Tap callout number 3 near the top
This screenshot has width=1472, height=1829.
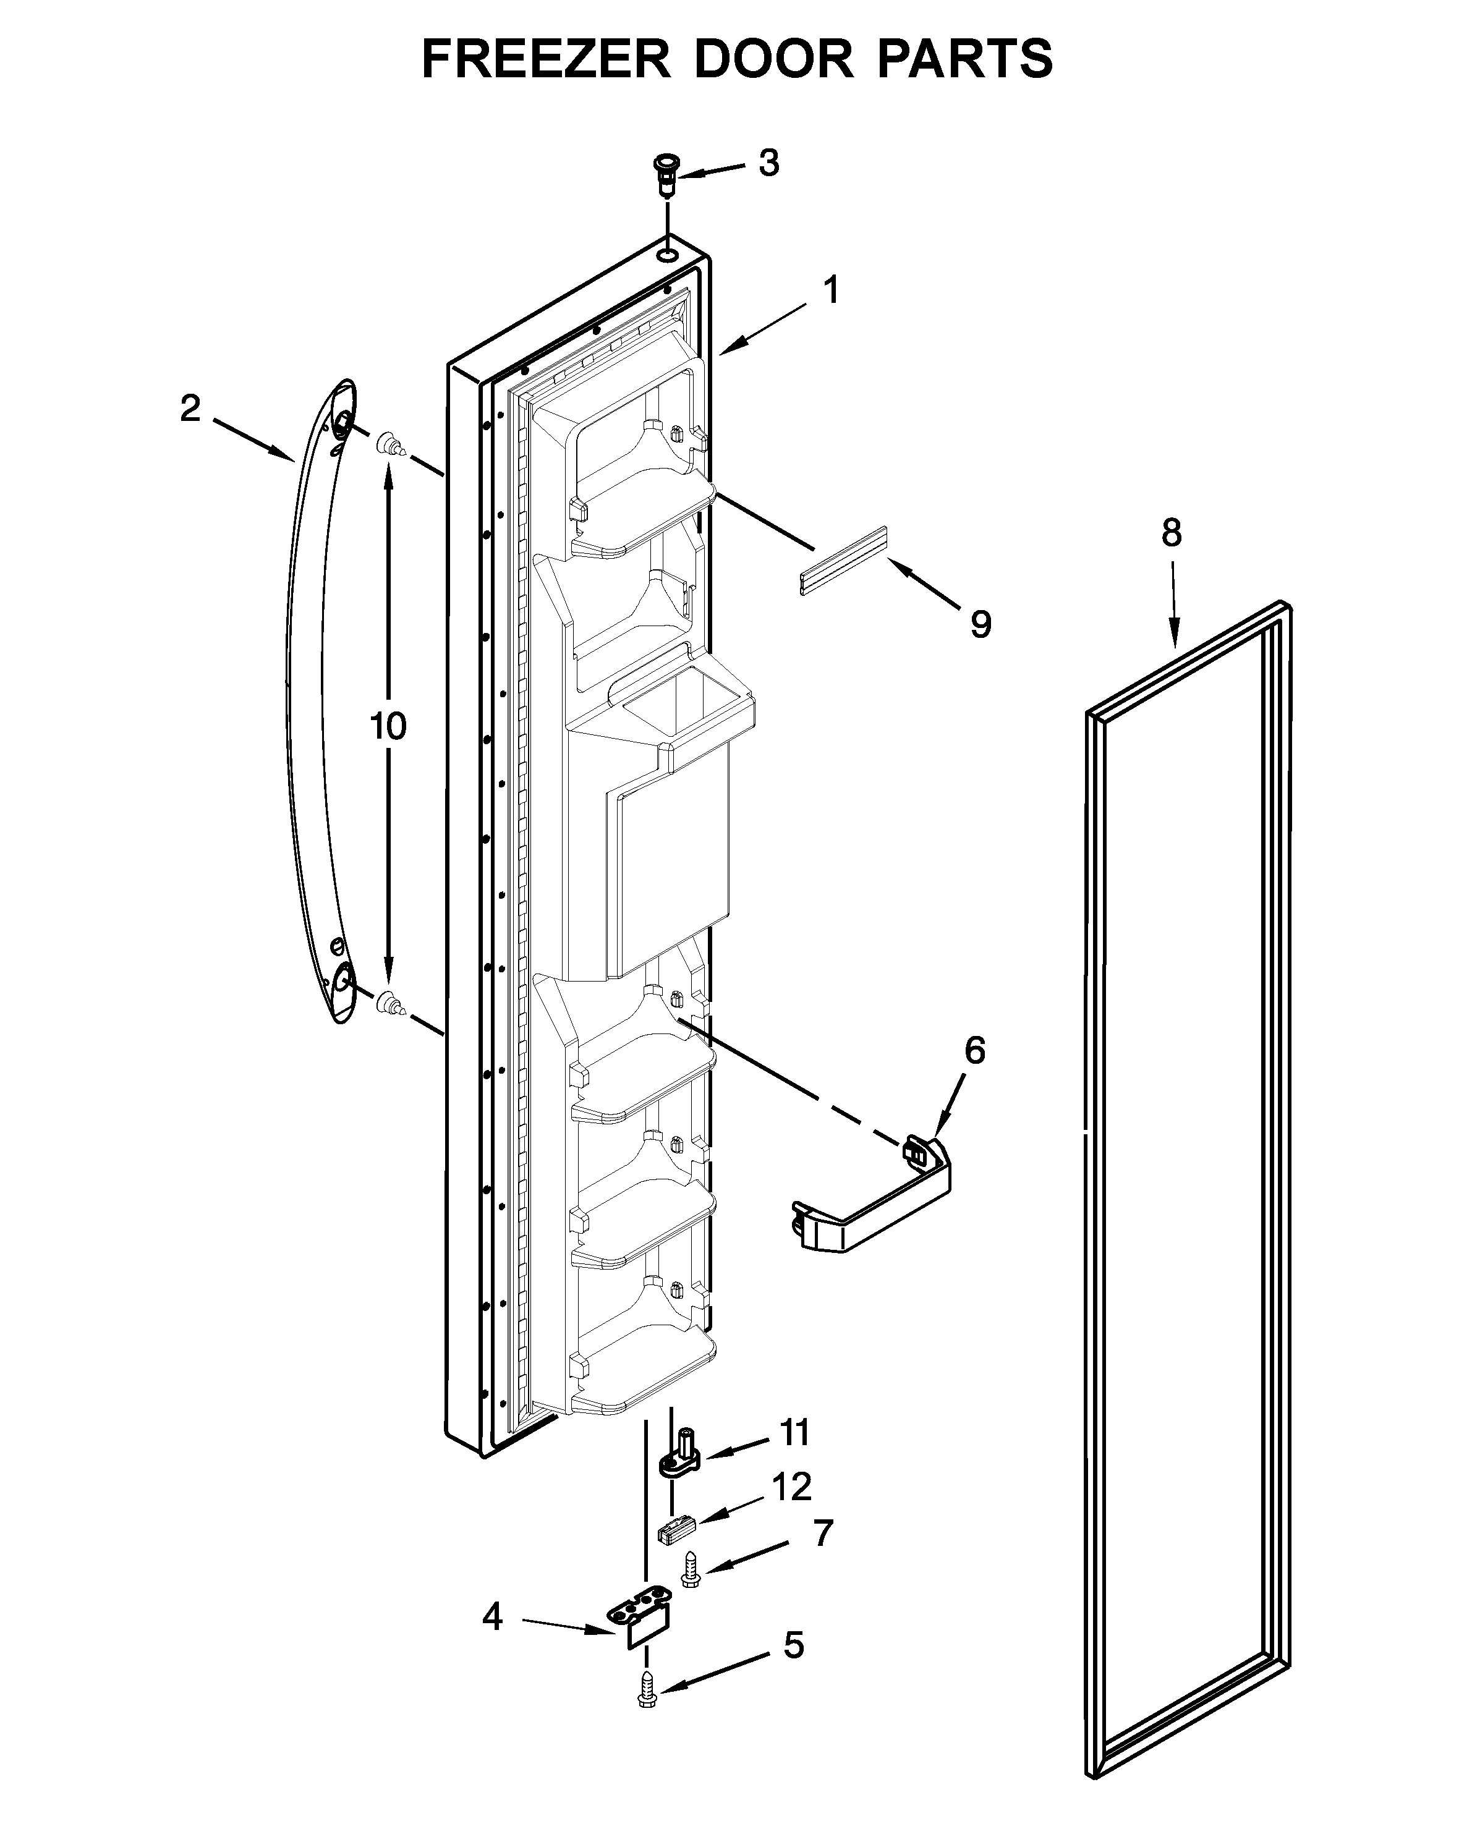[768, 163]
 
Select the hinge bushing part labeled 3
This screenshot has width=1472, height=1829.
[667, 174]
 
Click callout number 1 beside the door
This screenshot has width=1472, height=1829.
[832, 290]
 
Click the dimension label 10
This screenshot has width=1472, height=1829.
[389, 726]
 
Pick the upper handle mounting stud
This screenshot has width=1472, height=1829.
[389, 443]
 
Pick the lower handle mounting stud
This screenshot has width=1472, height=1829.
[389, 1002]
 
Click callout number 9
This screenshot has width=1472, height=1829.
[981, 625]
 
